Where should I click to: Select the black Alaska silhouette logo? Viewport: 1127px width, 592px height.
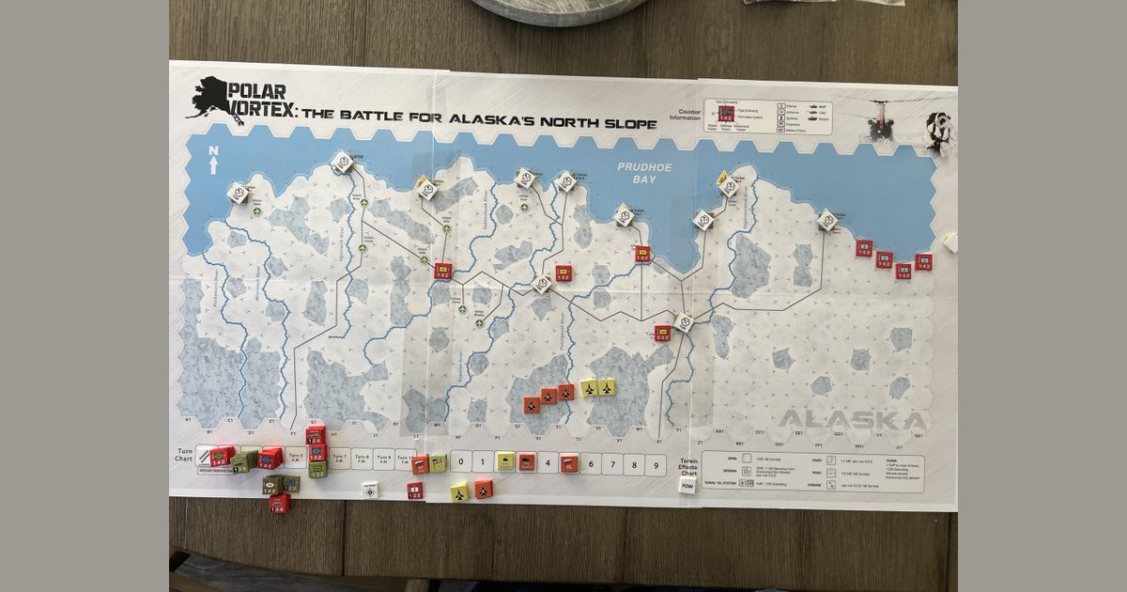(x=208, y=97)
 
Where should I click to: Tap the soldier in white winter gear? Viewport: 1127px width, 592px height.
(x=938, y=132)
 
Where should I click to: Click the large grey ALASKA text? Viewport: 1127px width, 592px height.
(x=853, y=420)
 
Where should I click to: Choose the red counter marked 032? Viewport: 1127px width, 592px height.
(x=663, y=334)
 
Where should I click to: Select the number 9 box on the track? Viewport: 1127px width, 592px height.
(x=656, y=463)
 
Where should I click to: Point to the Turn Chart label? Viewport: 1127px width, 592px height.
(x=184, y=455)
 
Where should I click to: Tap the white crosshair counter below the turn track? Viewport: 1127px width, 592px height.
(x=371, y=491)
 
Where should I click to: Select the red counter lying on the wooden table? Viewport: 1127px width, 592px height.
(x=279, y=504)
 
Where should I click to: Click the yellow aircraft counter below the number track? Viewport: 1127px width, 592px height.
(x=459, y=492)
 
